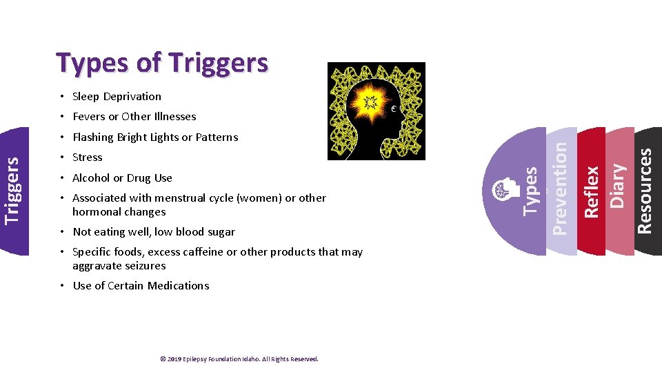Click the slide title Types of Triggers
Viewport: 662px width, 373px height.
click(x=163, y=63)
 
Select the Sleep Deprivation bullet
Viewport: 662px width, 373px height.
click(x=117, y=97)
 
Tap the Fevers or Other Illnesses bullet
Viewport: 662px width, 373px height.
click(x=134, y=117)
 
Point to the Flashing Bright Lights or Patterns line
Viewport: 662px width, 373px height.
click(x=154, y=137)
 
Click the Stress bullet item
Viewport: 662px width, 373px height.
click(x=87, y=157)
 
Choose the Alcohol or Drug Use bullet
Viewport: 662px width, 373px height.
click(x=122, y=178)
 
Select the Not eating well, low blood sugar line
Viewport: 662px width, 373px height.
click(x=153, y=232)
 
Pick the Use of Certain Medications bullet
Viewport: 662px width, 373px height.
click(x=141, y=286)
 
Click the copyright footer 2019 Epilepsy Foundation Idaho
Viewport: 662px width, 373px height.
click(x=239, y=359)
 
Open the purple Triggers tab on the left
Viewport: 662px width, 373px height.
click(x=14, y=190)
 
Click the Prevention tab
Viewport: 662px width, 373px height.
click(x=561, y=188)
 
